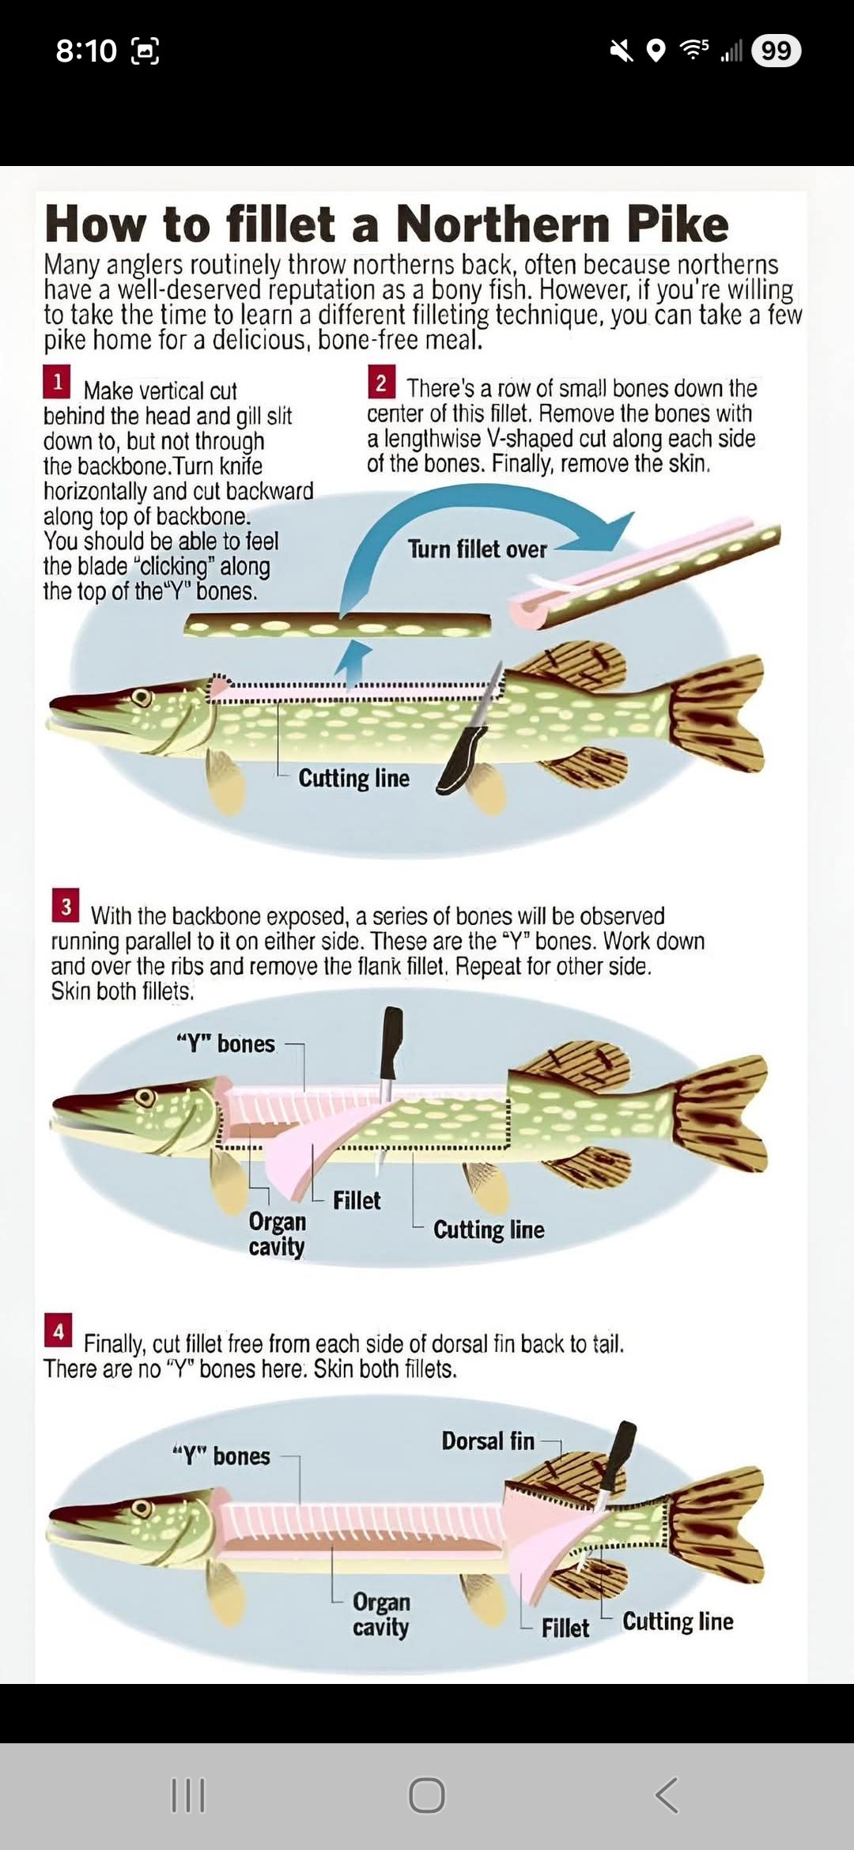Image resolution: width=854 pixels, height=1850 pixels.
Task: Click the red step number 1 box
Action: click(57, 382)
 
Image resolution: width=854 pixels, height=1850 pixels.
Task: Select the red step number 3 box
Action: click(66, 906)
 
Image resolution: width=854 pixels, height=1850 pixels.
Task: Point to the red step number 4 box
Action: click(58, 1331)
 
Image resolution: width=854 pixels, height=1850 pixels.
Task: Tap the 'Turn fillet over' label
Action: click(477, 549)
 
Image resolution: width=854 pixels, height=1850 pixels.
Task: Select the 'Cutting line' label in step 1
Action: click(353, 779)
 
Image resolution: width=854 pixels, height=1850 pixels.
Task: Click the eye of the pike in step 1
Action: click(142, 698)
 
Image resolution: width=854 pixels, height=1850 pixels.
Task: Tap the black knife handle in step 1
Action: click(463, 758)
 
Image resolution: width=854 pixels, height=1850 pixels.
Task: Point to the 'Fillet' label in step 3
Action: click(357, 1200)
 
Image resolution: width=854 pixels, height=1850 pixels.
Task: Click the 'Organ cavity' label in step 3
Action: click(277, 1234)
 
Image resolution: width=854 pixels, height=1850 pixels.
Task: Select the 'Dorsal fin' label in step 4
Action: click(488, 1441)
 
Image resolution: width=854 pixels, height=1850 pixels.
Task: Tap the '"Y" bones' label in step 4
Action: click(221, 1455)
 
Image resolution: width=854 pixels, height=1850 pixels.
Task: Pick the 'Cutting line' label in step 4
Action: click(678, 1622)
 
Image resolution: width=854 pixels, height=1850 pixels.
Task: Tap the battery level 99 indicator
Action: click(776, 51)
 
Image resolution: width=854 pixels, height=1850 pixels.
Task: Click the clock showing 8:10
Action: click(86, 51)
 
